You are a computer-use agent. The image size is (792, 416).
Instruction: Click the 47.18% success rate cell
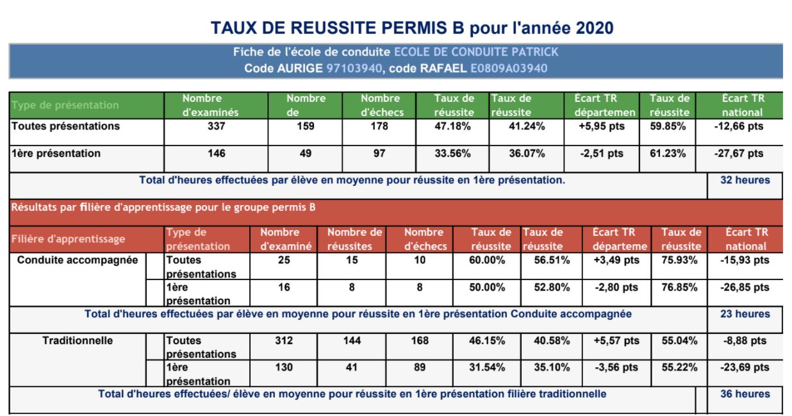(453, 126)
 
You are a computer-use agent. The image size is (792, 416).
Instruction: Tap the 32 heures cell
(745, 181)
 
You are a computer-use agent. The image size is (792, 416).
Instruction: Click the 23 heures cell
(745, 314)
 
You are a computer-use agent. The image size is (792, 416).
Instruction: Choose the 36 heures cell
(745, 394)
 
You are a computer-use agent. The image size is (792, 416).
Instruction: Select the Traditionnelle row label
(77, 340)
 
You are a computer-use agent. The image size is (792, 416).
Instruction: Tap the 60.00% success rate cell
(487, 260)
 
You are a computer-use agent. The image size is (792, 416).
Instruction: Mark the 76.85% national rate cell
(679, 288)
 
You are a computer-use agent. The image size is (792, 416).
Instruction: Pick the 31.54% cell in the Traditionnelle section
(487, 368)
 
